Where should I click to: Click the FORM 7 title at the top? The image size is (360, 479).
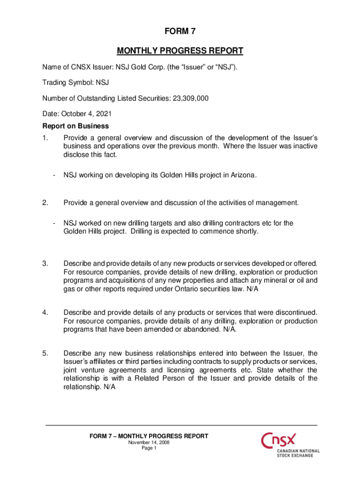pos(180,32)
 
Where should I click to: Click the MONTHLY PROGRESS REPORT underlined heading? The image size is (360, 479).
pos(180,51)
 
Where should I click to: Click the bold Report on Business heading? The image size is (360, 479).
pos(76,126)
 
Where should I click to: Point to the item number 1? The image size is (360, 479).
pos(45,138)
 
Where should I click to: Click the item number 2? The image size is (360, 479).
pos(45,203)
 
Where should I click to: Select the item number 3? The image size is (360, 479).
pos(45,263)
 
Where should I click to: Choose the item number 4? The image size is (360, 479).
pos(45,312)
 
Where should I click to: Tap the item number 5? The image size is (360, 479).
pos(45,353)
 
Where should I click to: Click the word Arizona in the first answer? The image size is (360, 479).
pos(241,175)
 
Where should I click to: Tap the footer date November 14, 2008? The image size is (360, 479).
pos(149,443)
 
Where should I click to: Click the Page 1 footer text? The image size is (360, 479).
pos(149,448)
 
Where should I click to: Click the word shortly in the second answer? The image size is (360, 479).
pos(245,232)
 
